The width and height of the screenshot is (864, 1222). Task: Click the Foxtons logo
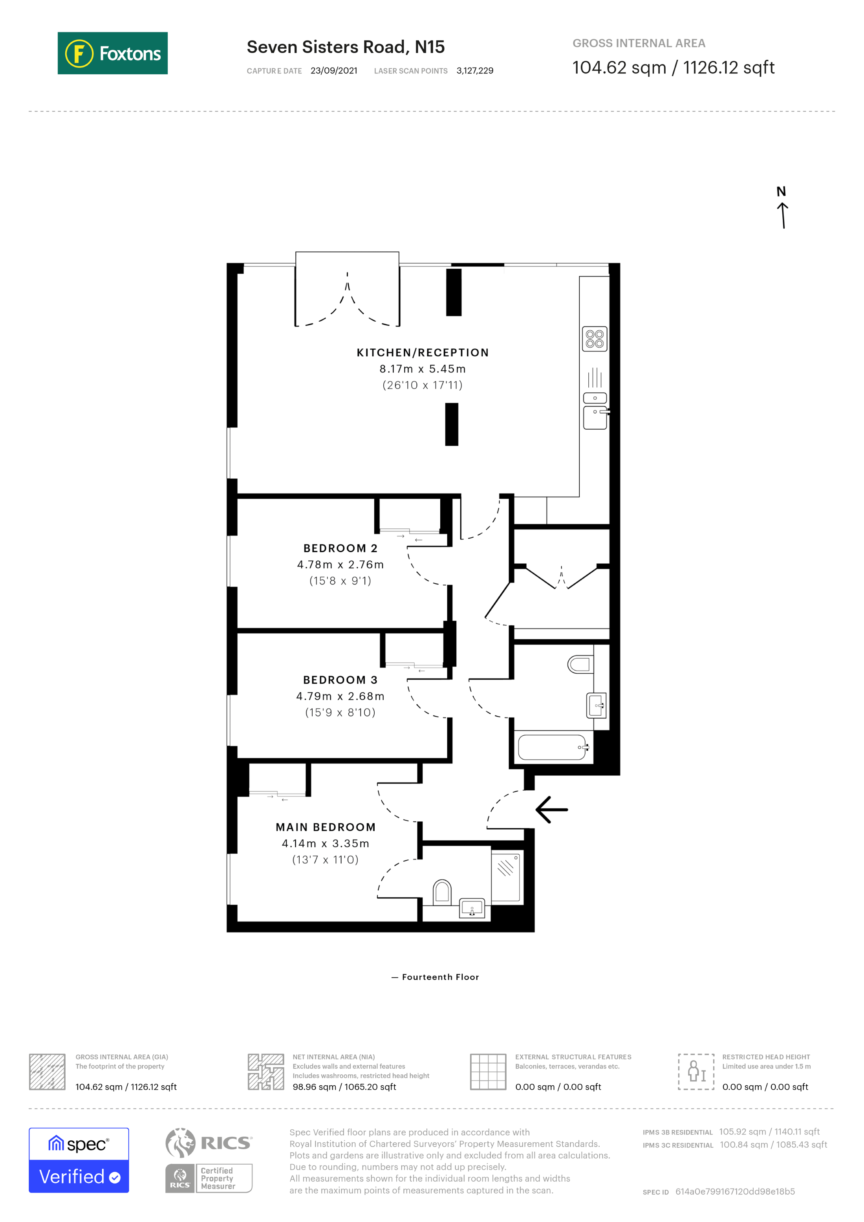pyautogui.click(x=112, y=53)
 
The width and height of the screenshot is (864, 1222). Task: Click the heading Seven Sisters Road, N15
pyautogui.click(x=345, y=47)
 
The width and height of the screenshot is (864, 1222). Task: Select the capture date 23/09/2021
pyautogui.click(x=333, y=71)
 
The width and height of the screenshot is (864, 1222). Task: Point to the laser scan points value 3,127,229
pyautogui.click(x=474, y=71)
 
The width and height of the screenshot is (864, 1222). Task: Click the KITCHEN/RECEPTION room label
pyautogui.click(x=423, y=352)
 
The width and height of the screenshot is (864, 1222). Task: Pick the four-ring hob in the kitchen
pyautogui.click(x=594, y=339)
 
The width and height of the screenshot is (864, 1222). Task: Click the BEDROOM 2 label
pyautogui.click(x=340, y=548)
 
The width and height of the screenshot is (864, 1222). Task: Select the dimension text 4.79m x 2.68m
pyautogui.click(x=340, y=696)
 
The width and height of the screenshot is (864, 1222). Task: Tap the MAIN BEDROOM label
pyautogui.click(x=326, y=827)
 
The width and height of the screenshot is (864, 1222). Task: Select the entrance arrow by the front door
pyautogui.click(x=552, y=810)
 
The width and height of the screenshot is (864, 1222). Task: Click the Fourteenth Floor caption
pyautogui.click(x=440, y=977)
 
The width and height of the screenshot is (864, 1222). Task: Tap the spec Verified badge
pyautogui.click(x=79, y=1161)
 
